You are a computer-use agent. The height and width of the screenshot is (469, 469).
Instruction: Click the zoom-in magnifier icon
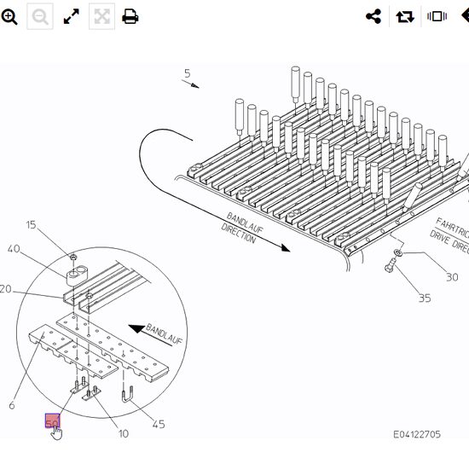click(x=9, y=17)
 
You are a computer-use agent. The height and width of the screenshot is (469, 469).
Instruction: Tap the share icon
click(x=373, y=17)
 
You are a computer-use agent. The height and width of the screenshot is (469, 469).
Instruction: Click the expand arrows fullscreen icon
click(x=72, y=17)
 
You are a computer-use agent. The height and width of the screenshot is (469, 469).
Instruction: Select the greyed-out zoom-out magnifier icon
click(x=40, y=17)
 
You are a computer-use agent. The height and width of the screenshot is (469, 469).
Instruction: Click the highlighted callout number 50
click(x=52, y=421)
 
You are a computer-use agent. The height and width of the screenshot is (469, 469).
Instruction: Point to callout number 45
click(x=159, y=425)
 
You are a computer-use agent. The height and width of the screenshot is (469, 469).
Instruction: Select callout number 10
click(x=124, y=434)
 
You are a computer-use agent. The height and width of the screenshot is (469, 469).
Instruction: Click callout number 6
click(x=12, y=406)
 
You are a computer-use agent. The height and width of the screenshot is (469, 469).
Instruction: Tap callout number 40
click(x=14, y=249)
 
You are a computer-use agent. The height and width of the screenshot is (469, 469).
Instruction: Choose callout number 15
click(x=31, y=225)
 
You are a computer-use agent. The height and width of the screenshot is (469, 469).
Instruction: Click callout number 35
click(x=424, y=298)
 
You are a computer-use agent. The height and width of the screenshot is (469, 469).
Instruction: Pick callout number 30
click(x=452, y=277)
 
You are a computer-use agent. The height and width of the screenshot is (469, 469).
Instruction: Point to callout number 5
click(x=187, y=74)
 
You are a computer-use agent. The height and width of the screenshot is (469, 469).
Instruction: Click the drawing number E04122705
click(x=417, y=435)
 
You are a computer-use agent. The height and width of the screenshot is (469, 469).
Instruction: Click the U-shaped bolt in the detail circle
click(x=130, y=396)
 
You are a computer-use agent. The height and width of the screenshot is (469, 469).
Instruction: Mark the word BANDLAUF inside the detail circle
click(x=164, y=334)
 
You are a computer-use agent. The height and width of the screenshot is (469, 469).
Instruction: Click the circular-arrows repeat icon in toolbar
click(x=405, y=17)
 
